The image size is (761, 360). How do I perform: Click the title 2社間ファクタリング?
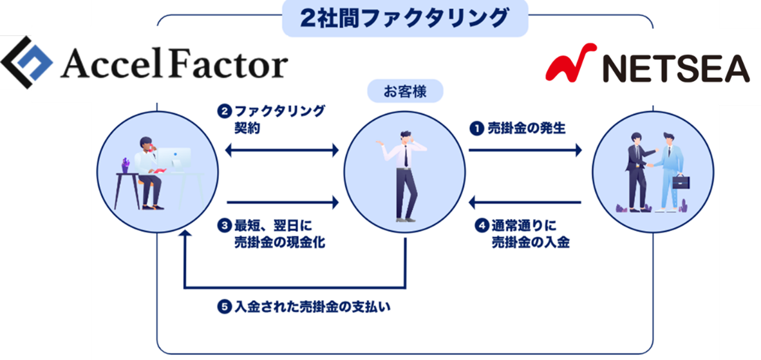tap(404, 18)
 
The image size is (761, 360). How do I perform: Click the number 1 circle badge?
tap(476, 128)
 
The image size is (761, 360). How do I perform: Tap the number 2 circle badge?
tap(223, 111)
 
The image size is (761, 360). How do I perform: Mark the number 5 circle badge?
tap(223, 307)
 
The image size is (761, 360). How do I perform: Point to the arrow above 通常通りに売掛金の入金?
tap(524, 204)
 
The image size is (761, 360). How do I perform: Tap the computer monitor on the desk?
tap(174, 158)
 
